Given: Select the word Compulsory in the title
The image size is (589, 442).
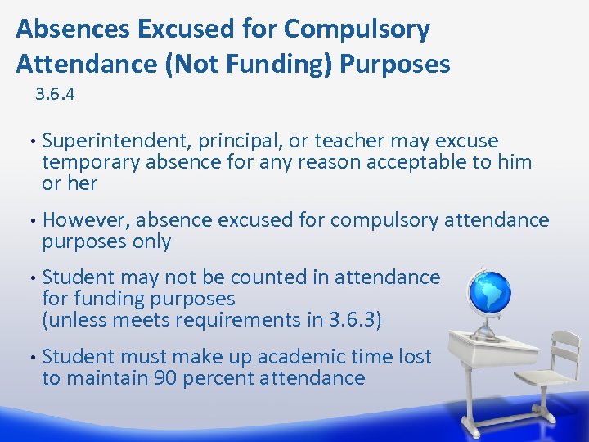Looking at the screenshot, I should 357,29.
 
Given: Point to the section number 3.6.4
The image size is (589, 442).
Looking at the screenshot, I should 55,95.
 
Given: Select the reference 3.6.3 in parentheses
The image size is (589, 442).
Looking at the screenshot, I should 353,320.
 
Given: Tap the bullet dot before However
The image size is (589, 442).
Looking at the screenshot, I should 30,220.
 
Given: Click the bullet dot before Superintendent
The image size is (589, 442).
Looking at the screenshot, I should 30,141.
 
